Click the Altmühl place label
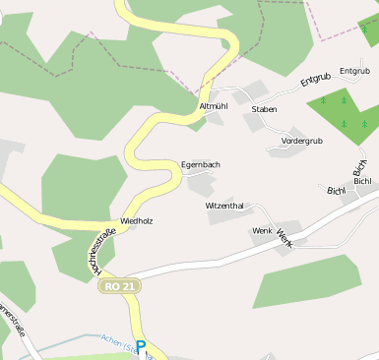214,105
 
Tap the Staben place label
264,109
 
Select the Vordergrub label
301,141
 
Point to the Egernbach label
201,164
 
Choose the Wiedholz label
136,221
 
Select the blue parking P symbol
141,347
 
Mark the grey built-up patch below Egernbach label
202,184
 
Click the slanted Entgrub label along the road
316,79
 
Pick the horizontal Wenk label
261,230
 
